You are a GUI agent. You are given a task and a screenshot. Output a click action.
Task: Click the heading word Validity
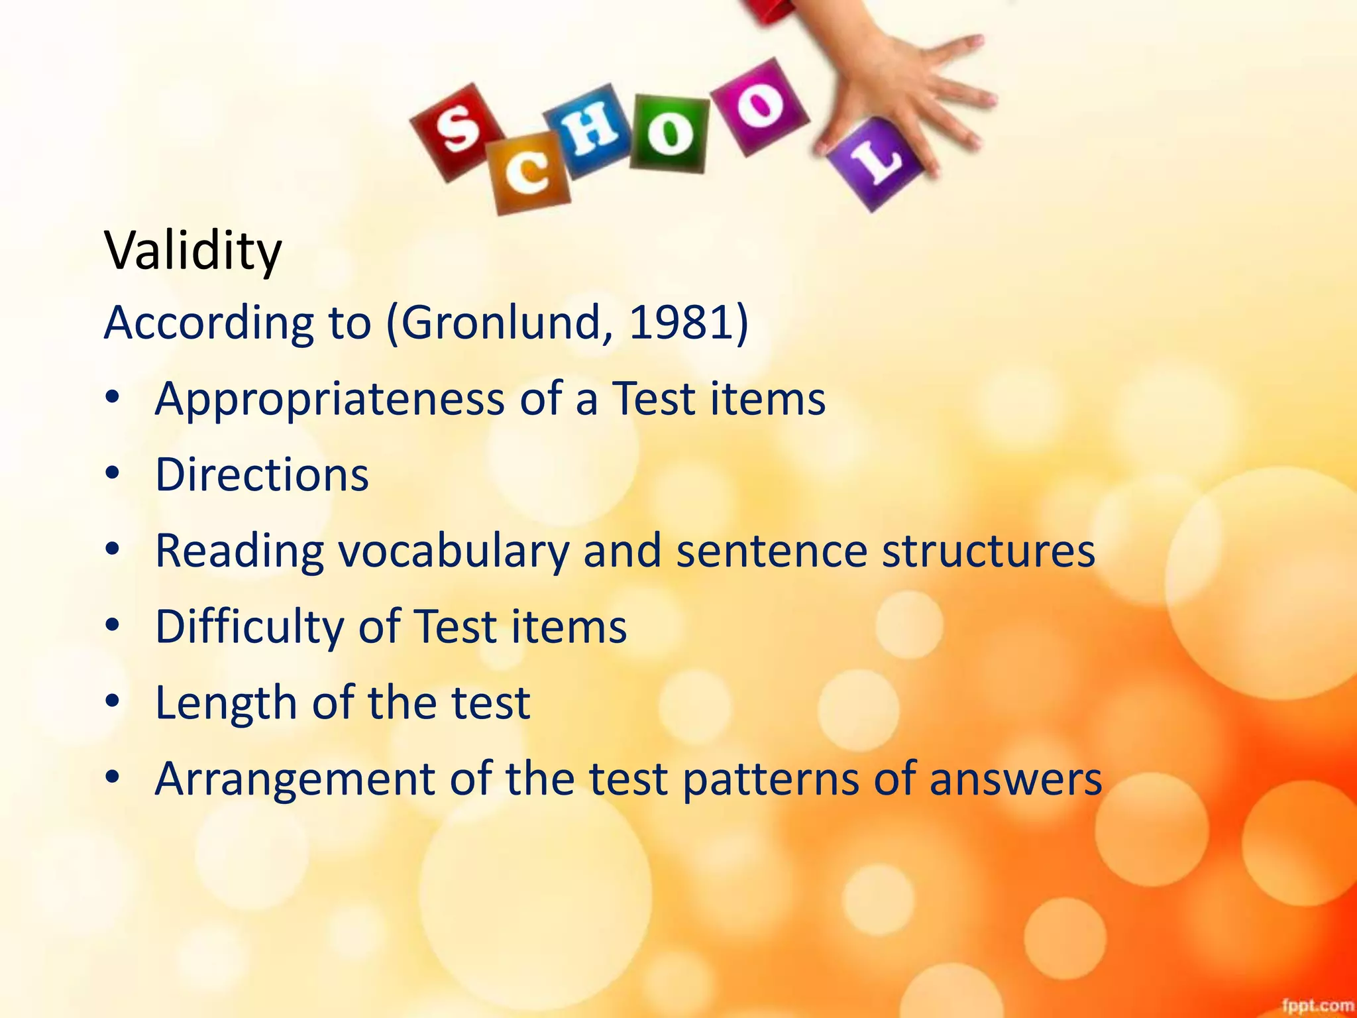[x=193, y=252]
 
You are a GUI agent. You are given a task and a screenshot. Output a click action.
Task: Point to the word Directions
[x=262, y=475]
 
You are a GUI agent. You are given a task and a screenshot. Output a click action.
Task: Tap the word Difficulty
[x=249, y=628]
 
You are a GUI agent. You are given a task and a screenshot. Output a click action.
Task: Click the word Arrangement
[x=294, y=779]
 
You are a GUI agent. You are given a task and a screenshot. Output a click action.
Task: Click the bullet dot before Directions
[x=113, y=473]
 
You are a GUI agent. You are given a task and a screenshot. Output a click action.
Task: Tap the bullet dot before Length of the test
[x=113, y=701]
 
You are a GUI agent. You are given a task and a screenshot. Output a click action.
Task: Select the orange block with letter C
[x=528, y=173]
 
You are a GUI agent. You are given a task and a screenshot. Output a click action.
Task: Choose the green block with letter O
[x=669, y=133]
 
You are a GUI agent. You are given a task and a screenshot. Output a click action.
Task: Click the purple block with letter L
[x=875, y=163]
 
